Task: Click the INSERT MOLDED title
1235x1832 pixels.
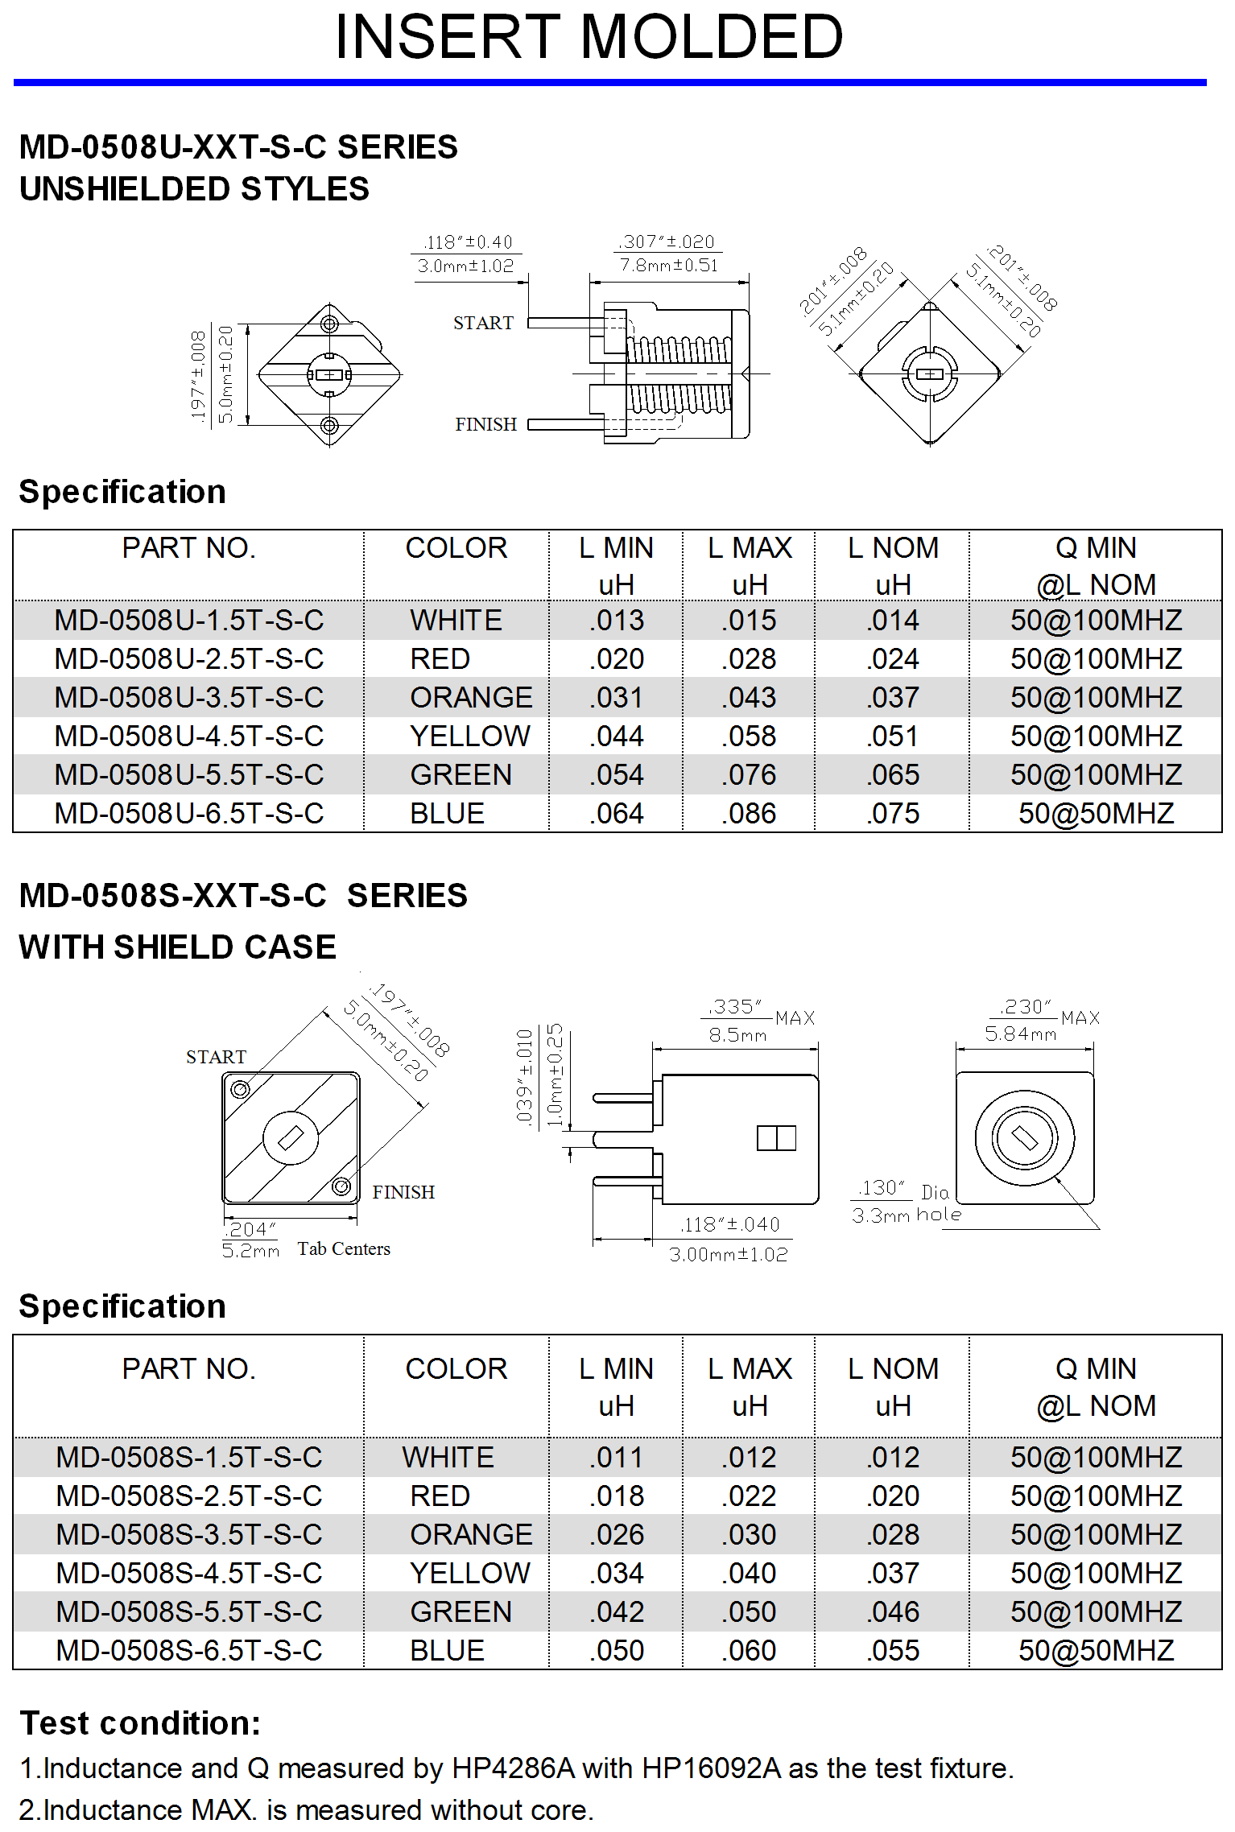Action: [x=589, y=37]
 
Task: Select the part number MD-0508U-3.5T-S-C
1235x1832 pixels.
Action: [x=189, y=698]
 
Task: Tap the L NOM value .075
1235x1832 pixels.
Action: [x=893, y=814]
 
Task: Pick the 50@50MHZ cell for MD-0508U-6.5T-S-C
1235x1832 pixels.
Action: [x=1096, y=814]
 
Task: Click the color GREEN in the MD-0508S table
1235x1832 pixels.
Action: [x=461, y=1612]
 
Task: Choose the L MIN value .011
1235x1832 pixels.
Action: [x=617, y=1458]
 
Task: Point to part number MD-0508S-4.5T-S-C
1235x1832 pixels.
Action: [x=189, y=1574]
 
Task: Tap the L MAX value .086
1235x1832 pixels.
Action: [x=750, y=814]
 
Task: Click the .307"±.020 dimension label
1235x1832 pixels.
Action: [x=667, y=242]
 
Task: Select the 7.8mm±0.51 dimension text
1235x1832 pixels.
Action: [x=668, y=266]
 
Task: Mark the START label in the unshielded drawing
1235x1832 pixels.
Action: [x=483, y=324]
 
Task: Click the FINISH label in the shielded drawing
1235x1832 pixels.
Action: [x=403, y=1192]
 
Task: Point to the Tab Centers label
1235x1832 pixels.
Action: [x=344, y=1249]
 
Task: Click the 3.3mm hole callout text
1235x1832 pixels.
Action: [x=907, y=1215]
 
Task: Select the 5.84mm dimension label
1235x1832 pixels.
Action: [x=1020, y=1034]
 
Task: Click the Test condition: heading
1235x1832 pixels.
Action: [x=140, y=1723]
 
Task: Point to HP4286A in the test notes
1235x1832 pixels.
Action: [x=513, y=1768]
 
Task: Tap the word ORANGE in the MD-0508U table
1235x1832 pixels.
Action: [x=471, y=698]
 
